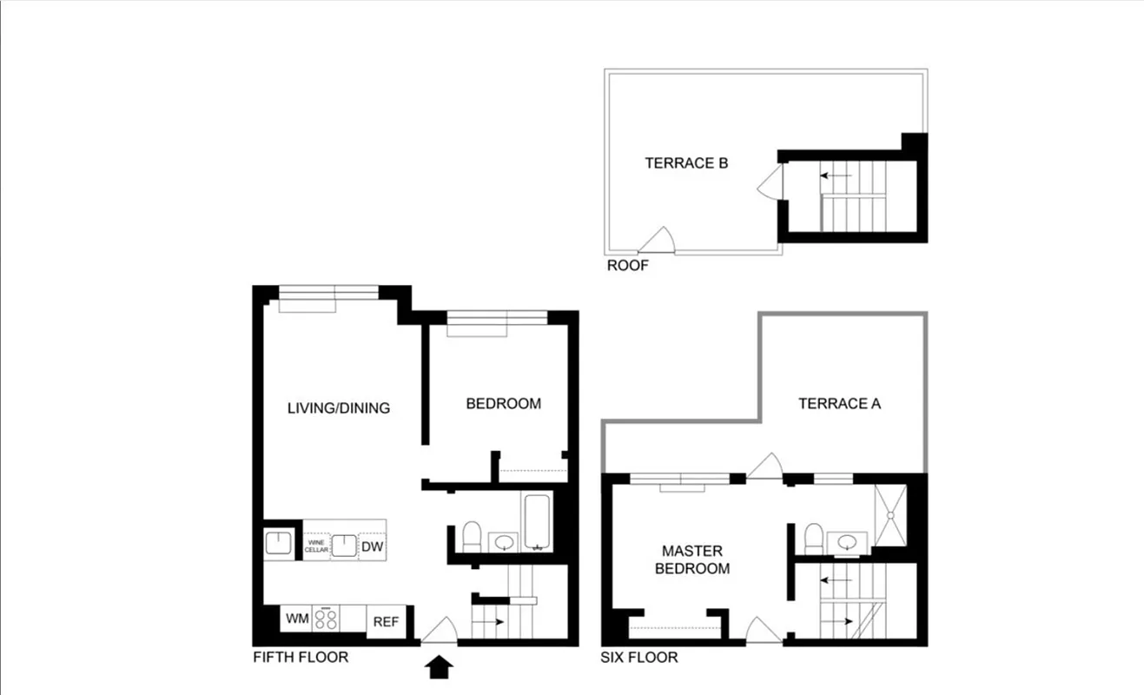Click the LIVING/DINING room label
338,407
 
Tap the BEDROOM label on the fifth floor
503,403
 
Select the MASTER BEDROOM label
691,559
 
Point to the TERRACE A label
839,403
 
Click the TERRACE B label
685,162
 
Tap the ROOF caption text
627,266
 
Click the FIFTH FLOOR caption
300,657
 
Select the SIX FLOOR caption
638,658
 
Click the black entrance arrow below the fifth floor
441,667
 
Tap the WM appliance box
296,619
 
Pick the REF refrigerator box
386,622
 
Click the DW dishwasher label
373,546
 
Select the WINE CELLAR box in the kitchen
316,546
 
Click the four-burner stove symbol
326,619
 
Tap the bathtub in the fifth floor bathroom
536,522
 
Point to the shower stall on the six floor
890,515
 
